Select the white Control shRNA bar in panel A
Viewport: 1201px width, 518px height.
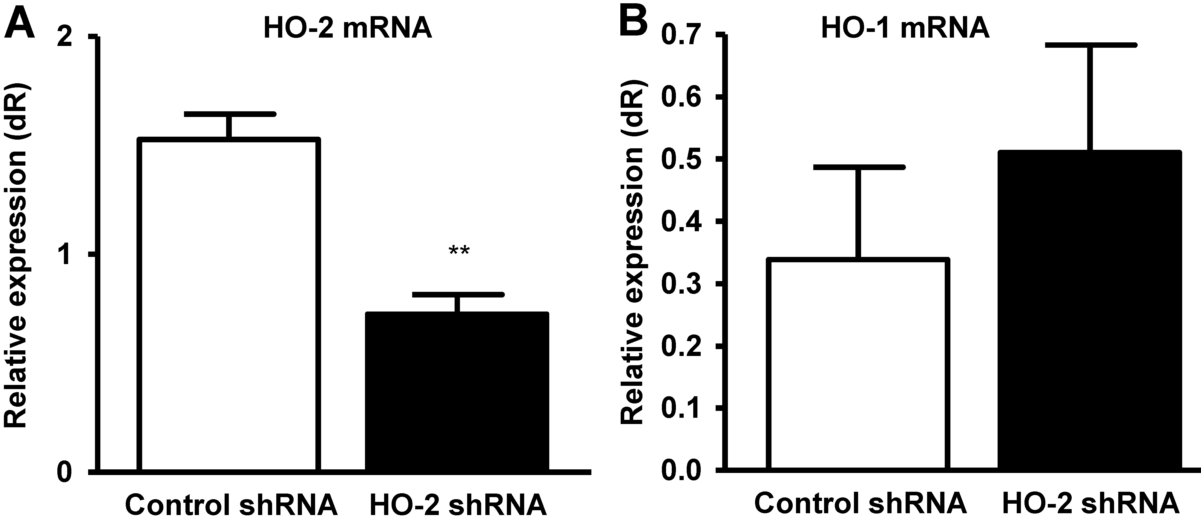[229, 303]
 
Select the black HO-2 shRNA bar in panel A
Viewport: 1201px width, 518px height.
[457, 391]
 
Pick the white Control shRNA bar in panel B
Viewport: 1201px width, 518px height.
[858, 363]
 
